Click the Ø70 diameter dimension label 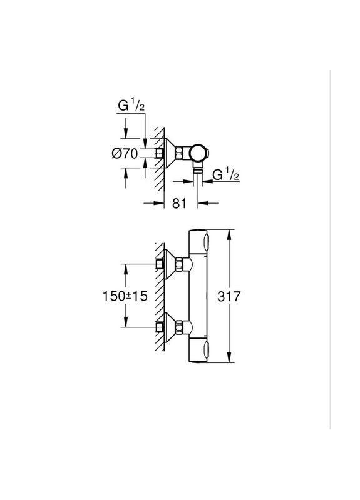pos(125,154)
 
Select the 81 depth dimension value pos(180,202)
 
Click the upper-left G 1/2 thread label pos(131,106)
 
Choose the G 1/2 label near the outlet pos(226,176)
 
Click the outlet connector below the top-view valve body pos(198,169)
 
